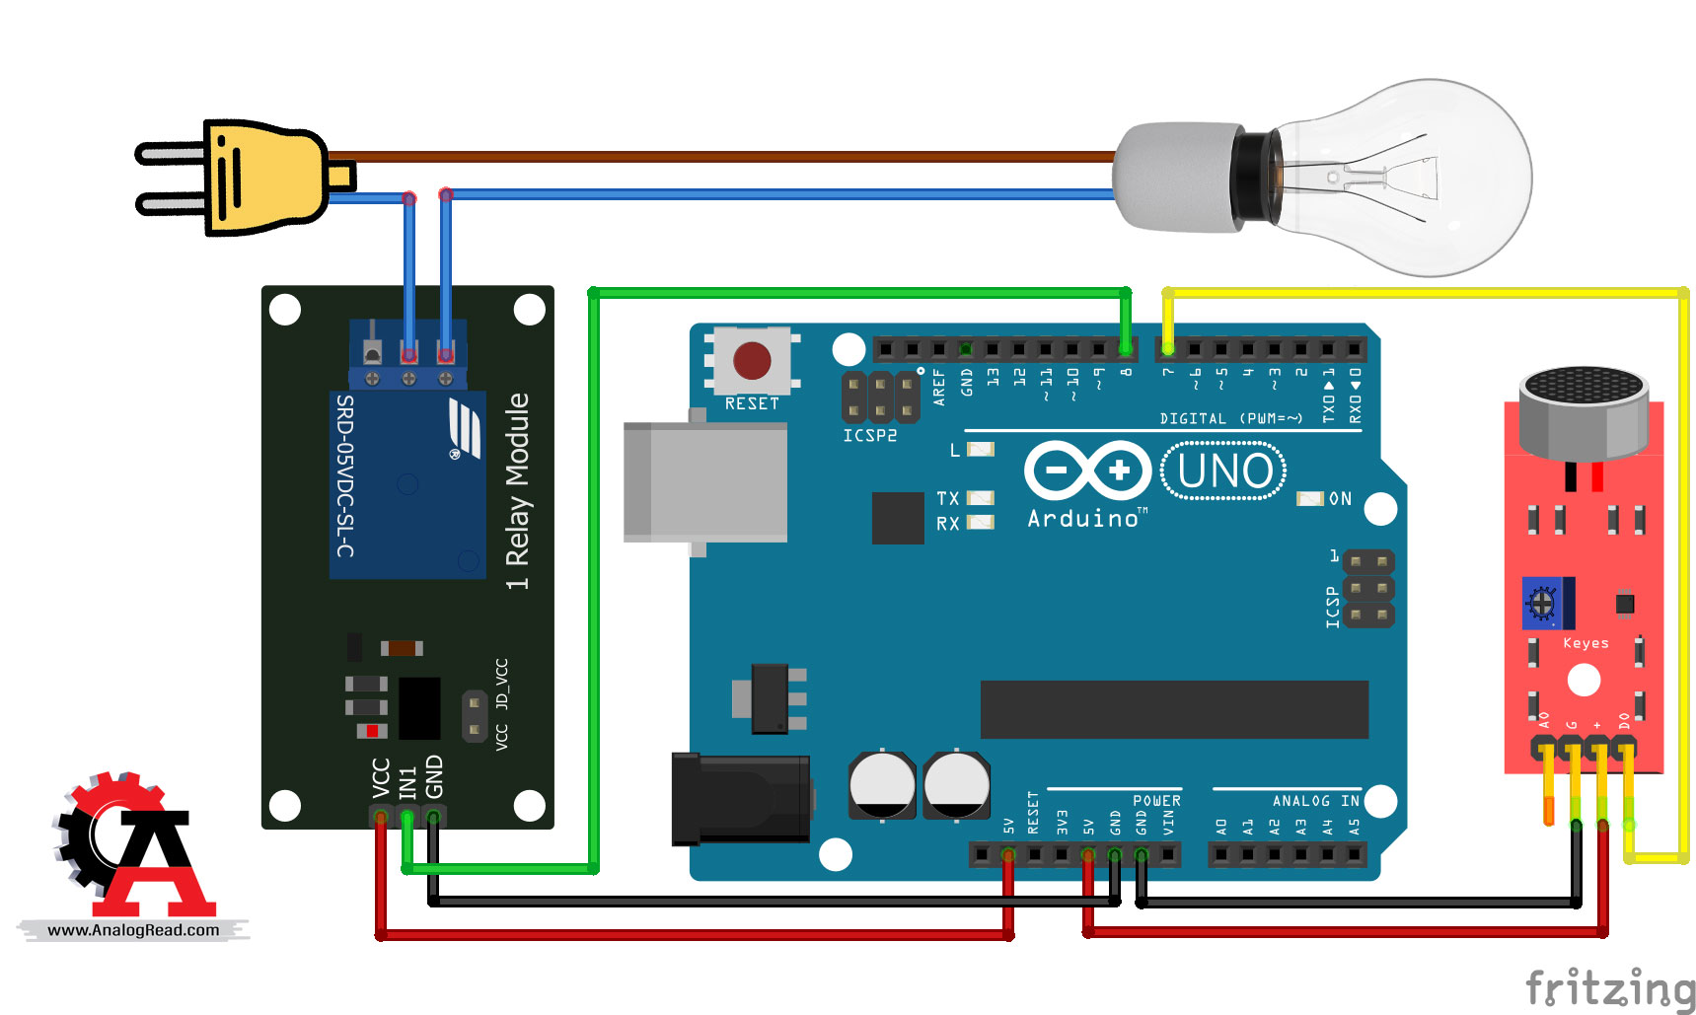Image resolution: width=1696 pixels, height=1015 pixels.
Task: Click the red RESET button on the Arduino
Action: (x=752, y=361)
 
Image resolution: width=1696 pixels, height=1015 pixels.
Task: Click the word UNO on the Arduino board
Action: (x=1224, y=471)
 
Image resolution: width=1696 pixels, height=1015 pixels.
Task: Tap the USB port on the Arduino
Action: (x=704, y=481)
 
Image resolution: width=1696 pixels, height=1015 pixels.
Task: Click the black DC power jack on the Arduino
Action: (x=740, y=798)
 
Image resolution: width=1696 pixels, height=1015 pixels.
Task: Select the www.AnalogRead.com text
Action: (x=133, y=930)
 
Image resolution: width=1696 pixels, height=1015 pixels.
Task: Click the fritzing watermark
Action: (x=1610, y=988)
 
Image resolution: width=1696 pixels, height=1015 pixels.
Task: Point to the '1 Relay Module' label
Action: (x=518, y=491)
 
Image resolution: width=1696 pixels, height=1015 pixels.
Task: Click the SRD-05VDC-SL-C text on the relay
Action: (x=345, y=475)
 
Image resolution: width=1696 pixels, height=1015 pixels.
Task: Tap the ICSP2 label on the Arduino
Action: (x=869, y=435)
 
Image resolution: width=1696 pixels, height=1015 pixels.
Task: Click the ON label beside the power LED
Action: (x=1340, y=499)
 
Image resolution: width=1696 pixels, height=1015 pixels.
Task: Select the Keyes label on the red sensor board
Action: (x=1585, y=643)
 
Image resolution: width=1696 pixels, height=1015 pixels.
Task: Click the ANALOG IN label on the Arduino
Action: (x=1315, y=801)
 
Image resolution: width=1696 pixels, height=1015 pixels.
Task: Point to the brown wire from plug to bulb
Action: (x=720, y=156)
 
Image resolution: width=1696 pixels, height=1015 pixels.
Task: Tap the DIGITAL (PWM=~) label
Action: (x=1230, y=418)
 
